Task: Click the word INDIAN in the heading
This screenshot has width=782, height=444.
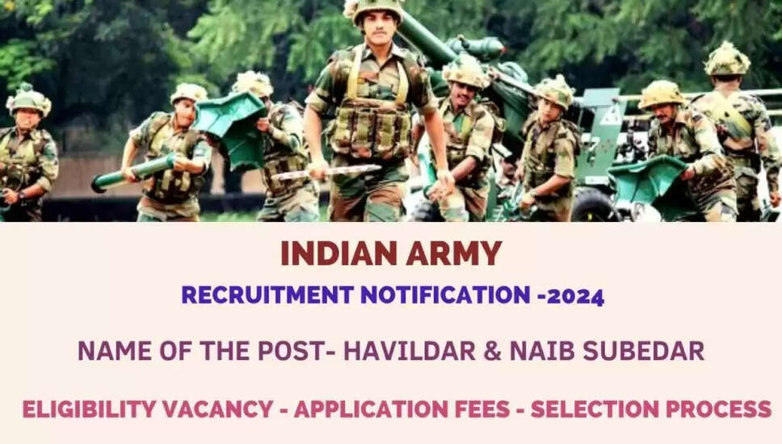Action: (338, 253)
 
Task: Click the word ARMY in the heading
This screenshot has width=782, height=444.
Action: (453, 253)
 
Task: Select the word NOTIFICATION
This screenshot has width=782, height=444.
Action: (445, 295)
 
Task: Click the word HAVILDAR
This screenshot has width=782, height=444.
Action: (410, 351)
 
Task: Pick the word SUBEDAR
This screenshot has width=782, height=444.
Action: (644, 351)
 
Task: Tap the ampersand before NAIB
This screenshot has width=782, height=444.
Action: (493, 351)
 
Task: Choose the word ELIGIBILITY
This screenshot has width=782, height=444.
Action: (90, 409)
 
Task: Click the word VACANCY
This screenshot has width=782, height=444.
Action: (218, 409)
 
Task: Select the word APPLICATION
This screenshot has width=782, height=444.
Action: (371, 409)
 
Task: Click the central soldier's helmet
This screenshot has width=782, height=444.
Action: (376, 9)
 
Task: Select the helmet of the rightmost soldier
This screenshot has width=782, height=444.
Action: (726, 59)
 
